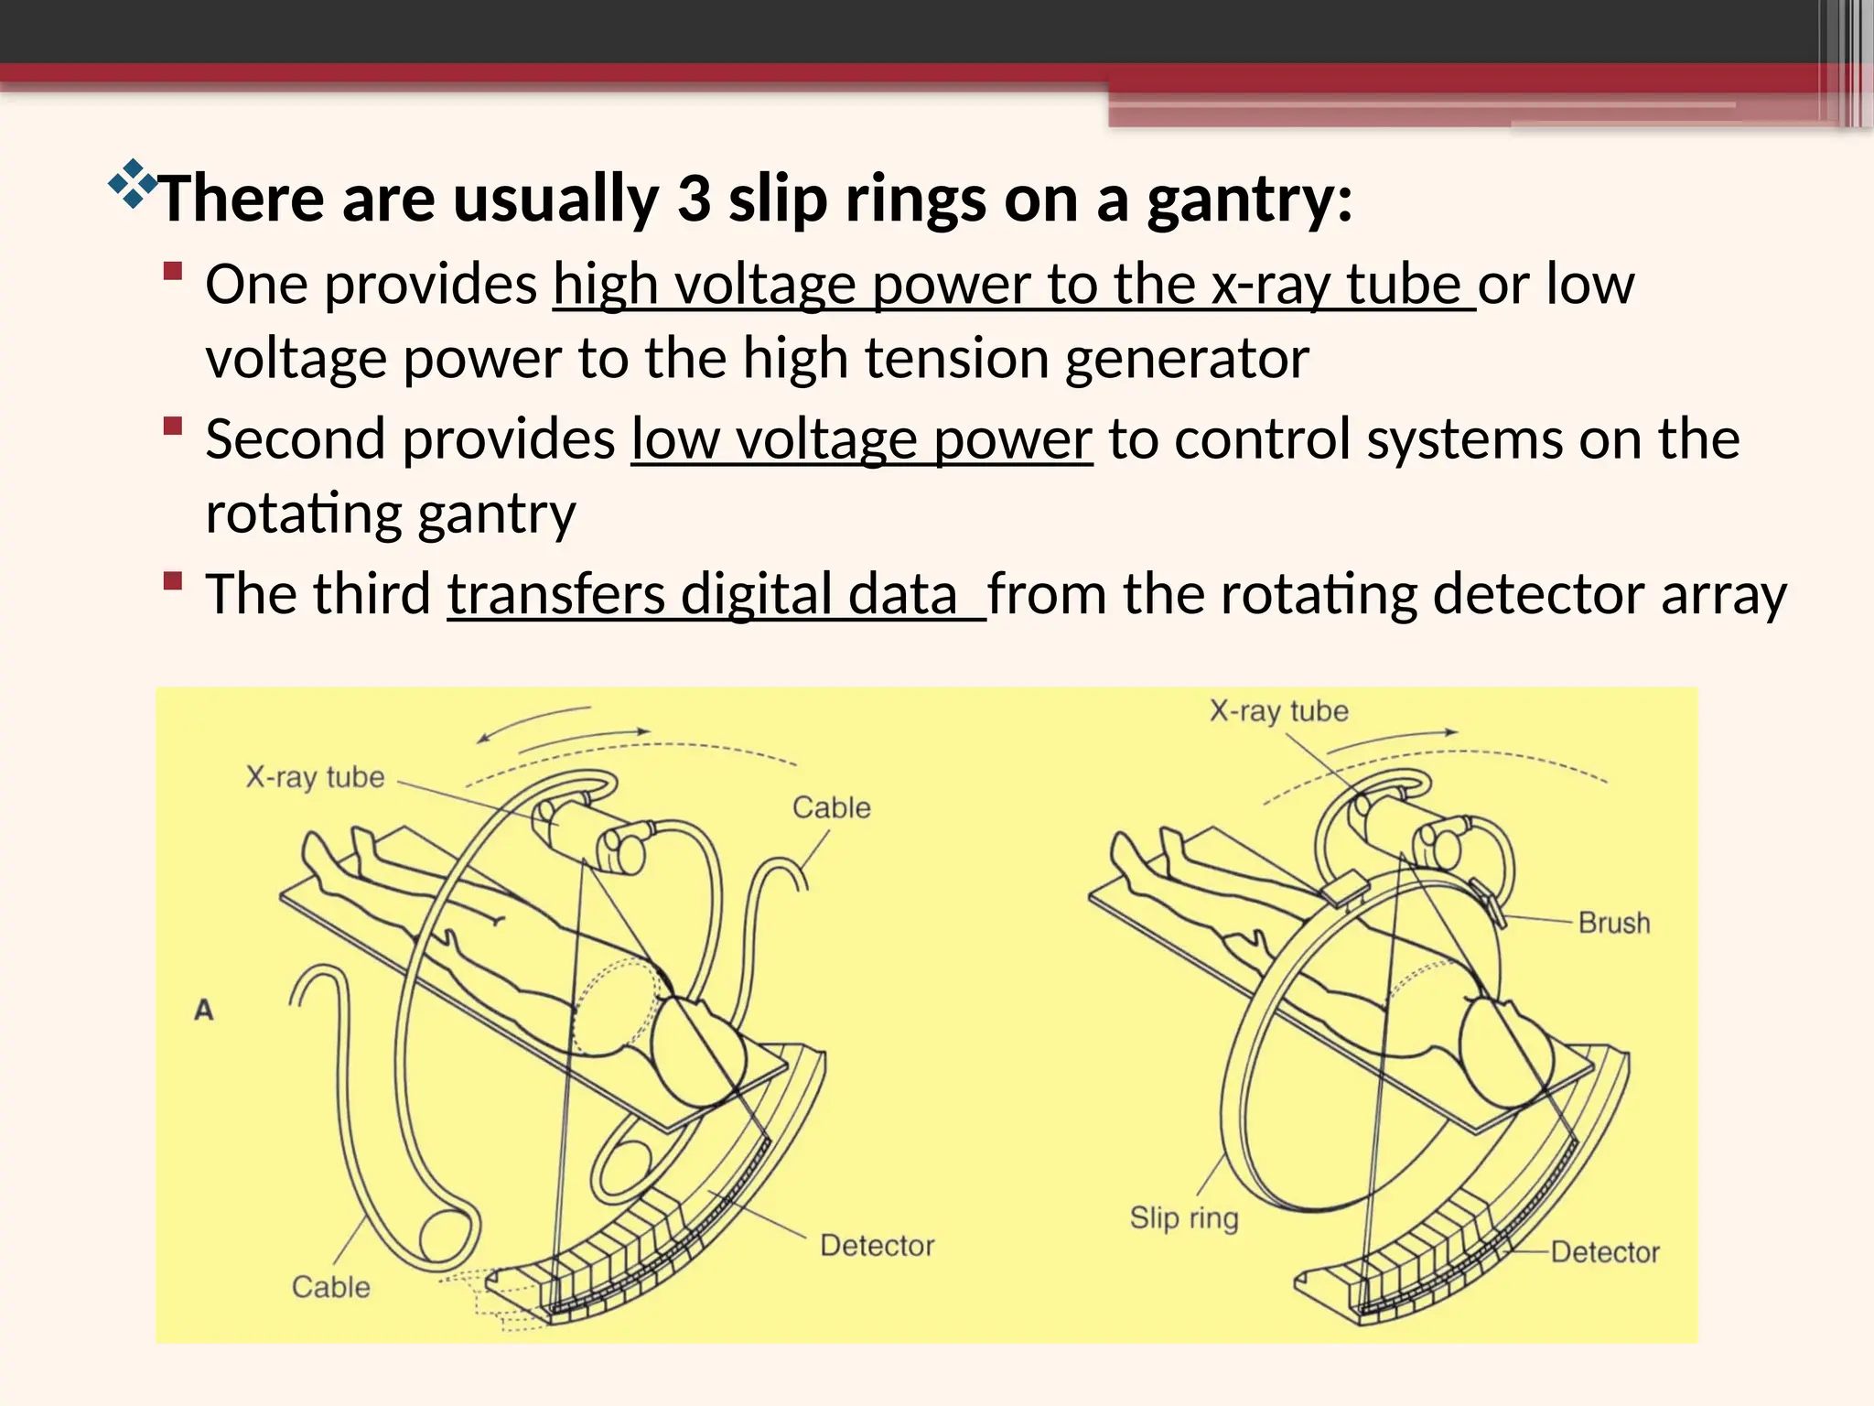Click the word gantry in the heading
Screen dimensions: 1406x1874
tap(1249, 199)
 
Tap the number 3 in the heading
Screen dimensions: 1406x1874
tap(695, 199)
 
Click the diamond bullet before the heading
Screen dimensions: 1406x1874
tap(132, 182)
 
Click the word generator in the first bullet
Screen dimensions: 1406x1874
tap(1187, 358)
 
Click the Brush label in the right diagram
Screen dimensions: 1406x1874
tap(1614, 923)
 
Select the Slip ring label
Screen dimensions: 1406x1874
tap(1184, 1218)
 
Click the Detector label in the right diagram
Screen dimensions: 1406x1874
tap(1605, 1252)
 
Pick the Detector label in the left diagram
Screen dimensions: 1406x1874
tap(878, 1246)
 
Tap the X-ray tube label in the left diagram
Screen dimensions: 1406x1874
tap(315, 778)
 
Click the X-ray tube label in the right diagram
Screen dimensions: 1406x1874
tap(1278, 711)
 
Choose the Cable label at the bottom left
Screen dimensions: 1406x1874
tap(331, 1287)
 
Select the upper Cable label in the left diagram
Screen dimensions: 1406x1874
tap(831, 807)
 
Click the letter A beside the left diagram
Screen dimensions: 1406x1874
tap(204, 1010)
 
